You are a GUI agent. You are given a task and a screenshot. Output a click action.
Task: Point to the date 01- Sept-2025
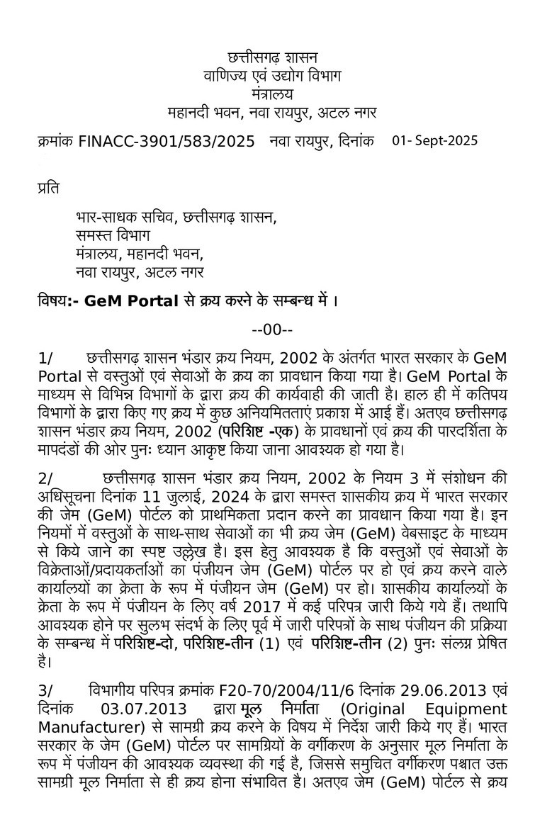435,140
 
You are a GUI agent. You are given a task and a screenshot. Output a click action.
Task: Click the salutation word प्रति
48,188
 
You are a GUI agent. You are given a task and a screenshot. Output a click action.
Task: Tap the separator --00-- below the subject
273,330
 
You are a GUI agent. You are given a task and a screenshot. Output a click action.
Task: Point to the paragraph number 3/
46,691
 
